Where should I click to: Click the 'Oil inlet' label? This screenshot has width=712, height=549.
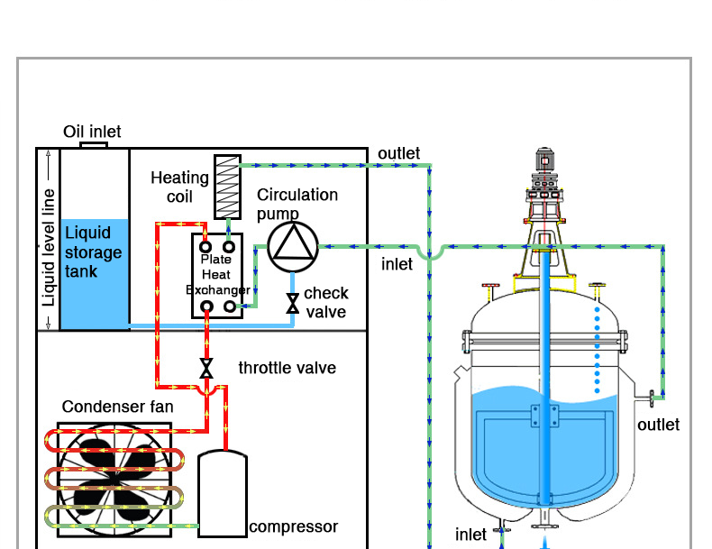[92, 132]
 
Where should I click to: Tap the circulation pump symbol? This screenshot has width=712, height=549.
[293, 244]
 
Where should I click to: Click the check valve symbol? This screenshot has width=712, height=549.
[292, 304]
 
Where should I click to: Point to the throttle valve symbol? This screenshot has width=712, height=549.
[206, 368]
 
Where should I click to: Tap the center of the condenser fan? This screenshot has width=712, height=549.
[114, 478]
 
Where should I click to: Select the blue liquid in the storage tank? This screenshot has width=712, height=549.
[95, 270]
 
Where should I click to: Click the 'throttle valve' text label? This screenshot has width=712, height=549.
[287, 368]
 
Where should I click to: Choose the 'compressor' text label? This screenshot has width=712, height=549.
[293, 527]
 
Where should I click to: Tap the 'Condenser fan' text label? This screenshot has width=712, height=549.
[117, 407]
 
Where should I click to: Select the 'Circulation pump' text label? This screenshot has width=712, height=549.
[297, 204]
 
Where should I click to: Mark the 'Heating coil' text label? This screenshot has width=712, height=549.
[179, 188]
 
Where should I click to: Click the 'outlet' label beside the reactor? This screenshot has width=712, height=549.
[658, 425]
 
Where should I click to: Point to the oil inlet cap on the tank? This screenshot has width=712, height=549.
[94, 144]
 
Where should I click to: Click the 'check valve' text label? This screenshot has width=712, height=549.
[325, 302]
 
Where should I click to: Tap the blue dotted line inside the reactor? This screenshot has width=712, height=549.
[596, 352]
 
